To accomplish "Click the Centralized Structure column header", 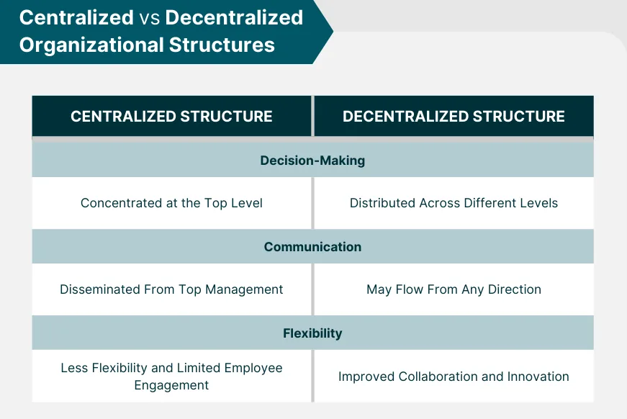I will click(x=171, y=116).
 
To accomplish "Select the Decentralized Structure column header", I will click(x=454, y=116).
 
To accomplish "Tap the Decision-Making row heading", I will click(x=312, y=161).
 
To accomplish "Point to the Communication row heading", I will click(x=312, y=247).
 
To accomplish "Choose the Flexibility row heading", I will click(x=312, y=333).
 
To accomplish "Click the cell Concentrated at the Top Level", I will click(x=171, y=203).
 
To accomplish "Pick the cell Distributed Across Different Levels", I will click(x=454, y=203).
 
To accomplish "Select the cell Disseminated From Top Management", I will click(x=171, y=289).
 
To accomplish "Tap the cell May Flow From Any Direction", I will click(x=454, y=289).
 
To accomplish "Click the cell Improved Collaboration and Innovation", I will click(x=454, y=377).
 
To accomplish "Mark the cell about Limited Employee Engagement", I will click(x=171, y=377).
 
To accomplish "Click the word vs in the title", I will click(x=149, y=18).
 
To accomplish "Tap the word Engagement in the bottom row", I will click(x=171, y=385).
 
